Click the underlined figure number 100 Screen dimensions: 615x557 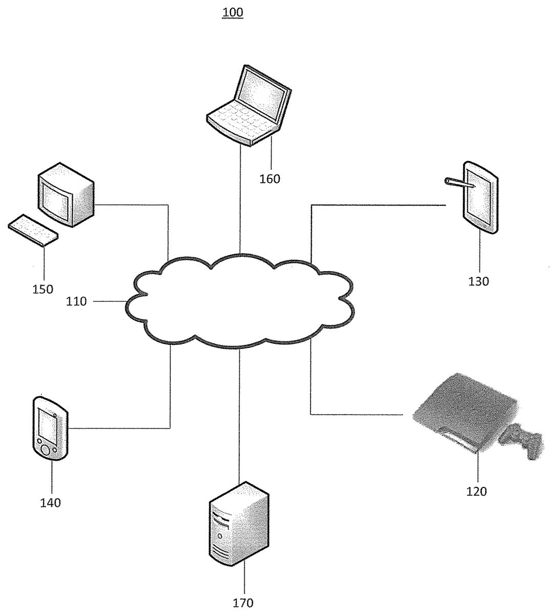[x=233, y=12]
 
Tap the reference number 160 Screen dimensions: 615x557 [x=270, y=179]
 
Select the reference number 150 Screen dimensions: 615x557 [x=43, y=289]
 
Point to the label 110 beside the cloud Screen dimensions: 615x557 [x=76, y=302]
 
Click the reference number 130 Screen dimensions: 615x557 [x=479, y=281]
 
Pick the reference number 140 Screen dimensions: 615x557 [x=51, y=503]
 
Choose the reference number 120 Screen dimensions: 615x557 [x=477, y=491]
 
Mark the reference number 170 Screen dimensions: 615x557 [x=243, y=603]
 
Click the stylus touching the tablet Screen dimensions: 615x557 [x=457, y=182]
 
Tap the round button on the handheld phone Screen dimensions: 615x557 [x=45, y=450]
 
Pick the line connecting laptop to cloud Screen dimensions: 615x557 [x=240, y=200]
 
